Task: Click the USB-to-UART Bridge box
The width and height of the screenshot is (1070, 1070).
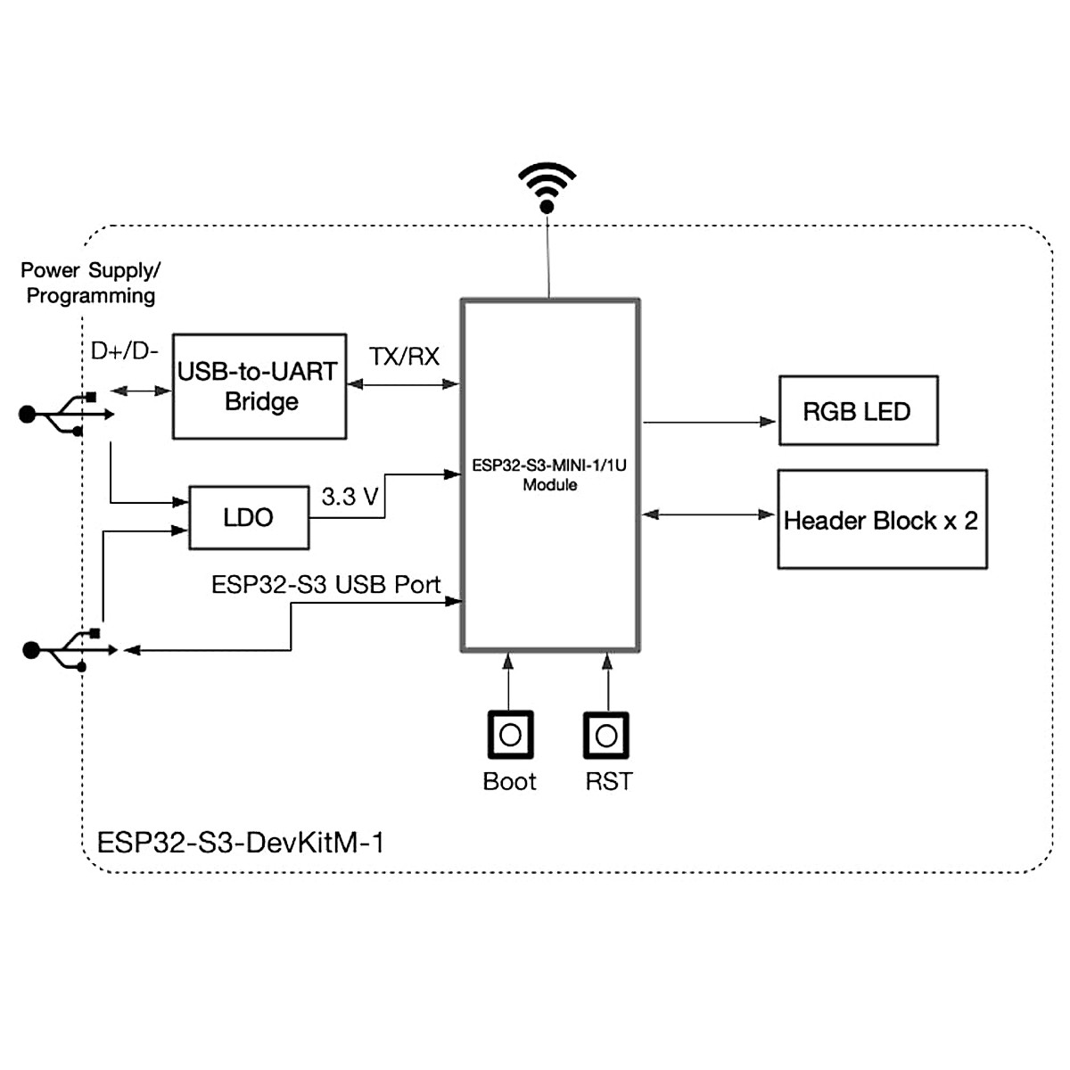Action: click(259, 386)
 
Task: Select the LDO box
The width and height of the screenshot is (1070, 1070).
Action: click(249, 517)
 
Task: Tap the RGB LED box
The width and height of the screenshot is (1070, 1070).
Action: click(858, 411)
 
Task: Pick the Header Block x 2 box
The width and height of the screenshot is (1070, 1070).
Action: click(882, 520)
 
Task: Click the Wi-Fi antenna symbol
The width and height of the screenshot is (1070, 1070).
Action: click(547, 186)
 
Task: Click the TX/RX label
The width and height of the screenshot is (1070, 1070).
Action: click(404, 357)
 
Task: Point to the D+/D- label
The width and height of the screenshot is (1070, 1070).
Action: click(125, 350)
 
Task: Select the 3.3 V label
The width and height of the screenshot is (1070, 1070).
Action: click(350, 497)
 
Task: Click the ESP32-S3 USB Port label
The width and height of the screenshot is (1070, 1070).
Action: click(325, 585)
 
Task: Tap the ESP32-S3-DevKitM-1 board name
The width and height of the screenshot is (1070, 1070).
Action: click(240, 843)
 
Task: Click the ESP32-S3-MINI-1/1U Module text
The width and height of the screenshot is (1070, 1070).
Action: click(549, 475)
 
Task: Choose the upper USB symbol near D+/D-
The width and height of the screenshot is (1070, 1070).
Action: click(67, 414)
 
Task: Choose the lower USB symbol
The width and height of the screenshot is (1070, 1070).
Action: click(70, 650)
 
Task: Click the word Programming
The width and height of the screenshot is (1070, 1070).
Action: click(91, 296)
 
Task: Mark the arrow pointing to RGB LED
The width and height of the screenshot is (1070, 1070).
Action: click(709, 422)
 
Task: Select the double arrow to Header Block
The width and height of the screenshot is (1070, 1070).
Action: click(709, 514)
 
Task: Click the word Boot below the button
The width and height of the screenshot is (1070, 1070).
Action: click(509, 782)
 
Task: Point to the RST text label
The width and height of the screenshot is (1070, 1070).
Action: click(608, 782)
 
